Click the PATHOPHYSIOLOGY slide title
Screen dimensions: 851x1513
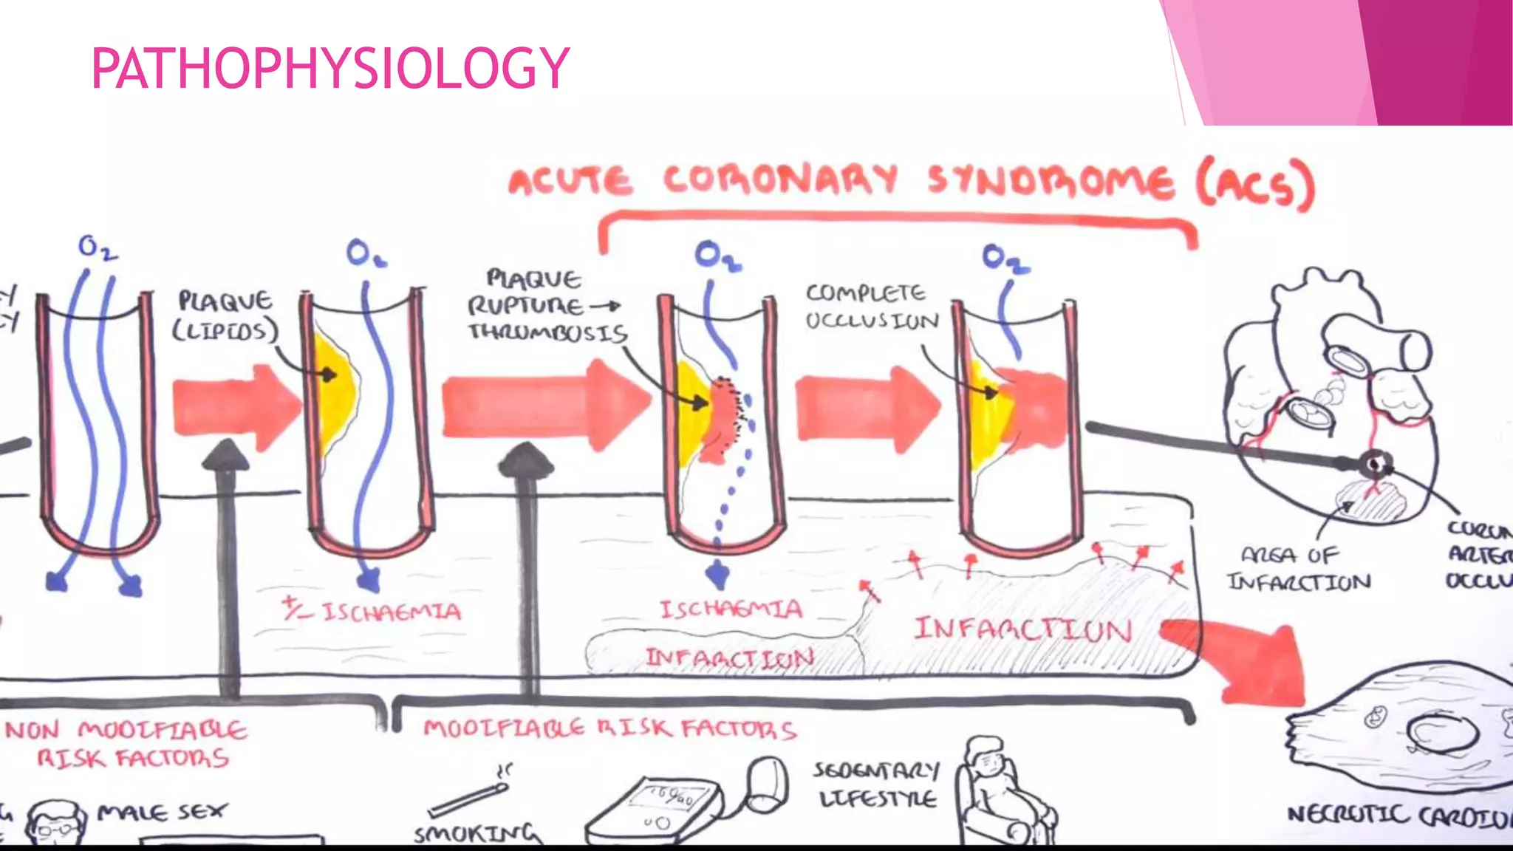click(330, 68)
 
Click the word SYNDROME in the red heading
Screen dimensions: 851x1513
click(1049, 182)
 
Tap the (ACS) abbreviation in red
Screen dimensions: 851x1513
click(1256, 185)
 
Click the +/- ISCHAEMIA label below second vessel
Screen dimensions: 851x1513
click(373, 611)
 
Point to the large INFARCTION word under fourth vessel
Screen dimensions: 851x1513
click(1023, 629)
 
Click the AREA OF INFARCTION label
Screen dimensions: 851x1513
click(1298, 569)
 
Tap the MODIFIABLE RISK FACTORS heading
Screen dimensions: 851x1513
click(609, 729)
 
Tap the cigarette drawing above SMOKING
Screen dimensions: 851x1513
click(469, 798)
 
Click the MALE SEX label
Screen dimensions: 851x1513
click(163, 812)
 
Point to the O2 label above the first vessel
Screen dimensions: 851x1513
click(98, 247)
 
